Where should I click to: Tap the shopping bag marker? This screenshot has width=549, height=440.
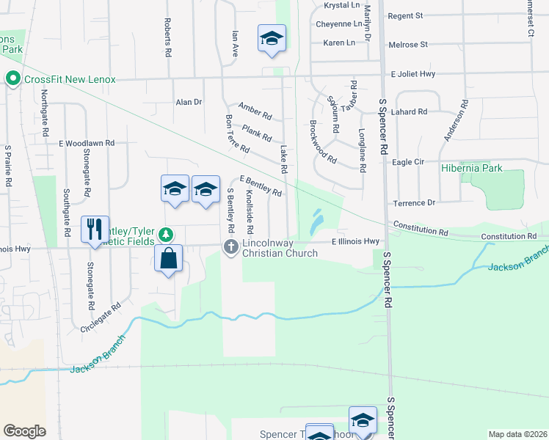coord(169,259)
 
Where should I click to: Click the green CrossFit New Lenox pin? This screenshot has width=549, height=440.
coord(12,78)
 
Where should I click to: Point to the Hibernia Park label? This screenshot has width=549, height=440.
coord(472,168)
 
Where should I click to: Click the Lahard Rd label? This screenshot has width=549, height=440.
coord(410,112)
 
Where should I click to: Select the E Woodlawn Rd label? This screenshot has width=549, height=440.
coord(87,143)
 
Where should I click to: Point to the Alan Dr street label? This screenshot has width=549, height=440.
coord(188,103)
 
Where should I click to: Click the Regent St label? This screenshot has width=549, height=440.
coord(405,15)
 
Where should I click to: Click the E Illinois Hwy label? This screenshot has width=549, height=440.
coord(355,241)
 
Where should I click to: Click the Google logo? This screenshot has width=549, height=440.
coord(24,431)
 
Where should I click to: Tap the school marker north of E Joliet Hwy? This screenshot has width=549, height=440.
coord(272,39)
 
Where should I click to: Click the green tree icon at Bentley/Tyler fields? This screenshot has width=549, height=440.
coord(167,235)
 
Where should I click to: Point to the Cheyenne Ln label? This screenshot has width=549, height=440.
coord(338,23)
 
